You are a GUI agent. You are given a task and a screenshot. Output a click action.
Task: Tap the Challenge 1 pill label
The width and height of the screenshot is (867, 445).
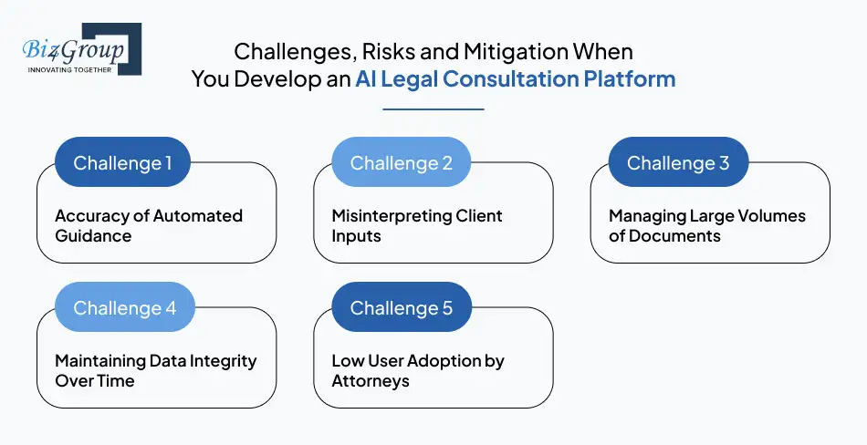click(x=122, y=163)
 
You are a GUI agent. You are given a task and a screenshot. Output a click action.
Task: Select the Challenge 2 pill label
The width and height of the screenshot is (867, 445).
click(x=401, y=163)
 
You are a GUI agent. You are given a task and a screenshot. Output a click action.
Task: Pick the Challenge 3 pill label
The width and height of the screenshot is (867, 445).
click(x=678, y=163)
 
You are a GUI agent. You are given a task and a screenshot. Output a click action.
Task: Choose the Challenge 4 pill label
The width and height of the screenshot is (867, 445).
click(x=124, y=308)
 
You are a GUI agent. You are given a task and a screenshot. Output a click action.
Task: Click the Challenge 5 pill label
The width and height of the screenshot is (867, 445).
click(x=401, y=308)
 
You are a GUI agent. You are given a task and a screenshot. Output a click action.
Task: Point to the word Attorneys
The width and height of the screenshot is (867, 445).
click(x=371, y=381)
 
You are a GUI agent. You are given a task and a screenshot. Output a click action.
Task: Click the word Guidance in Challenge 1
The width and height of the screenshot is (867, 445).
click(x=93, y=236)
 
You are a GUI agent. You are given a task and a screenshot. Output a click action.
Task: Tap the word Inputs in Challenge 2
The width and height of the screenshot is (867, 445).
click(x=357, y=236)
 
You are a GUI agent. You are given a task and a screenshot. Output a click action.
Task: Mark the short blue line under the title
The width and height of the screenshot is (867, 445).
click(x=433, y=109)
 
